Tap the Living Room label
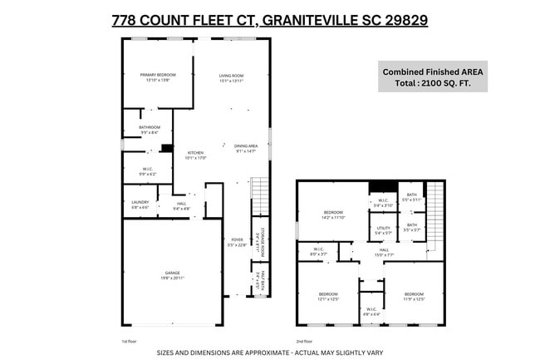coord(230,77)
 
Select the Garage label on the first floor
coord(172,275)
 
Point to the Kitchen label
coord(195,155)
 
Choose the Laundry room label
coord(140,205)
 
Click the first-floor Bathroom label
coord(149,130)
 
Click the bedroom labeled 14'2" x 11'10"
coord(332,215)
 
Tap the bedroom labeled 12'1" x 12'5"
coord(328,296)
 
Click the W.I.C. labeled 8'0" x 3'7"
coord(318,251)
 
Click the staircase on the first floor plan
coord(261,198)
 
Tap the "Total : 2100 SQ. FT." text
coord(431,85)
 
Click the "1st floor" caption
coord(129,341)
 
